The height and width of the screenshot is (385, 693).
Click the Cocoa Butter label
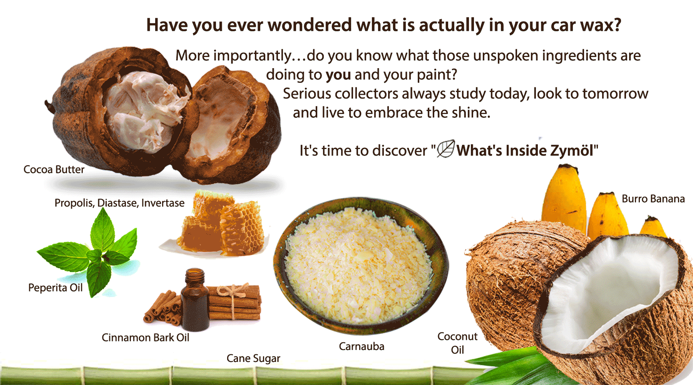pos(54,169)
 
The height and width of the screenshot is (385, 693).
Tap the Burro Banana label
pos(653,199)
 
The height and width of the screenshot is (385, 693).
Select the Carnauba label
pos(362,346)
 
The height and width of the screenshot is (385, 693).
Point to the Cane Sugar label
pos(253,358)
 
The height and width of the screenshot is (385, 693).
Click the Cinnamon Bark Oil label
pos(146,338)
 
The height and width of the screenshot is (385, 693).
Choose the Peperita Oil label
pos(55,288)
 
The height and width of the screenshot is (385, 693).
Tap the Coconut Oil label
pos(457,343)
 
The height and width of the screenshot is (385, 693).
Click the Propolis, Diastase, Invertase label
pos(119,203)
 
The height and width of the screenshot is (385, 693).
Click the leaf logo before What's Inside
pos(446,149)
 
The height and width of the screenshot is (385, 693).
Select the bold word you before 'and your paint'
pos(338,75)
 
